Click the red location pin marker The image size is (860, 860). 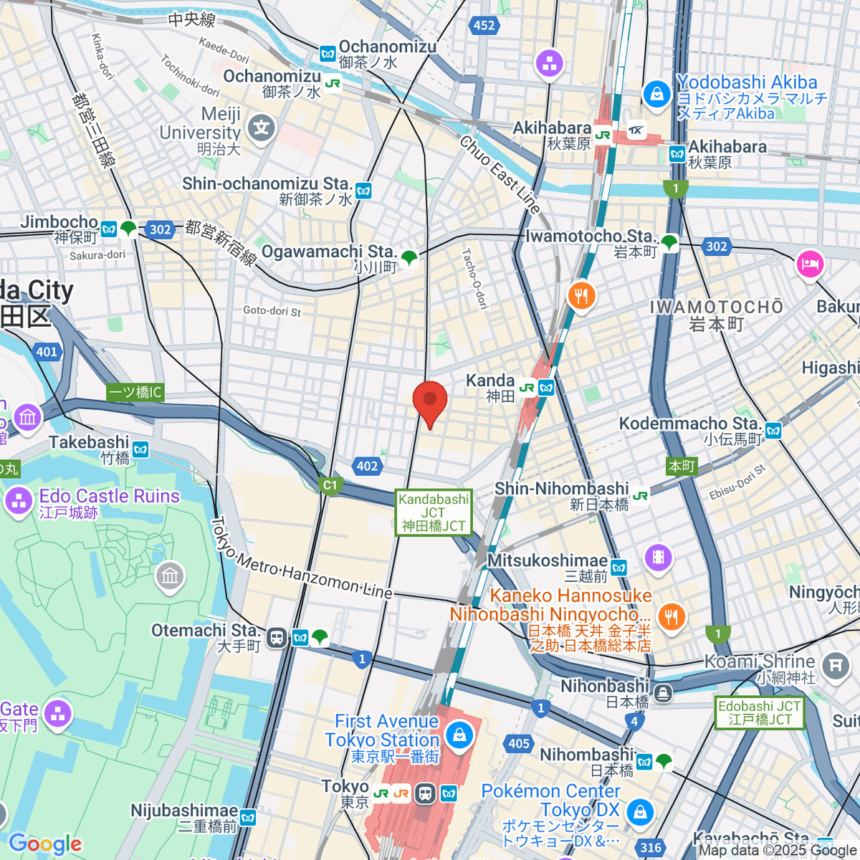tap(430, 401)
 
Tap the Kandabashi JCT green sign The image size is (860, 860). tap(434, 512)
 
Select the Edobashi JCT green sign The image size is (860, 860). tap(760, 712)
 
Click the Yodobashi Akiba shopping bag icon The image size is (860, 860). tap(656, 94)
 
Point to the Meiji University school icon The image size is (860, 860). tap(261, 129)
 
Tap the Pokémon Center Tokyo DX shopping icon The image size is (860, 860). tap(639, 812)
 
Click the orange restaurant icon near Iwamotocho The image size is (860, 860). tap(581, 295)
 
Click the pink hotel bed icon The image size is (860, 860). tap(810, 264)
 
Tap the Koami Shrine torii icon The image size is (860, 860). tap(835, 666)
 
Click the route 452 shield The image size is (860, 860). tap(484, 25)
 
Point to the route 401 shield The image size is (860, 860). tap(47, 351)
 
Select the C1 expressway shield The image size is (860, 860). tap(330, 485)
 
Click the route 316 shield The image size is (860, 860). tap(651, 848)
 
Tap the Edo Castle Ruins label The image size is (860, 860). tap(109, 496)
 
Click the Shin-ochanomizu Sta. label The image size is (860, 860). tap(267, 184)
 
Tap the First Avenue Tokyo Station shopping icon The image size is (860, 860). tap(459, 734)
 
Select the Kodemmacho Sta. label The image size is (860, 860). tap(689, 424)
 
